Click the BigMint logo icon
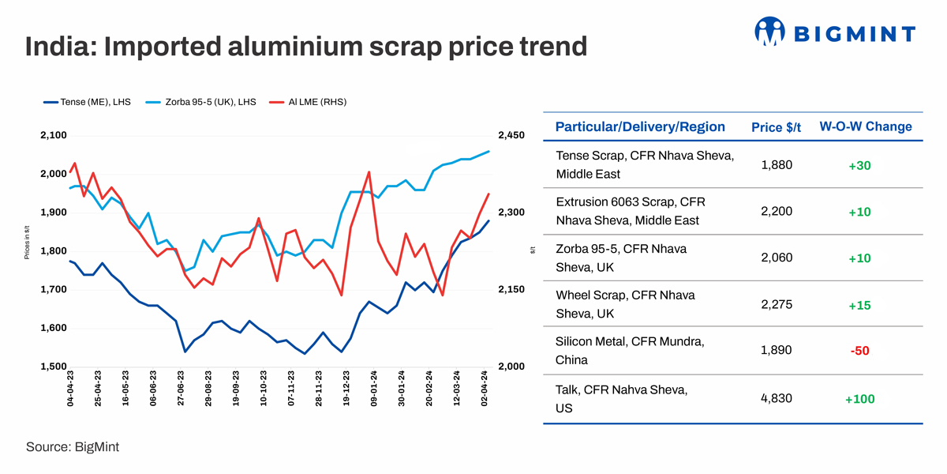[x=770, y=32]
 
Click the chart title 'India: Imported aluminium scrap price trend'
[x=306, y=46]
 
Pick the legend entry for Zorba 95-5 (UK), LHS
[x=209, y=102]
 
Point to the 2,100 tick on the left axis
[x=54, y=136]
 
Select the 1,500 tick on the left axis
[x=54, y=367]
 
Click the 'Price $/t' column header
[x=776, y=127]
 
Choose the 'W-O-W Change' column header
[x=865, y=126]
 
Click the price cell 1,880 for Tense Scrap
[x=777, y=165]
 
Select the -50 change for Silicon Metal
[x=859, y=351]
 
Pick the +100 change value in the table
[x=859, y=399]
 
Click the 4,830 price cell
[x=777, y=397]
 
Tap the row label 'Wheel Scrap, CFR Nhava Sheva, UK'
[x=626, y=304]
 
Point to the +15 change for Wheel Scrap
[x=859, y=305]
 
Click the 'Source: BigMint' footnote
[x=73, y=446]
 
